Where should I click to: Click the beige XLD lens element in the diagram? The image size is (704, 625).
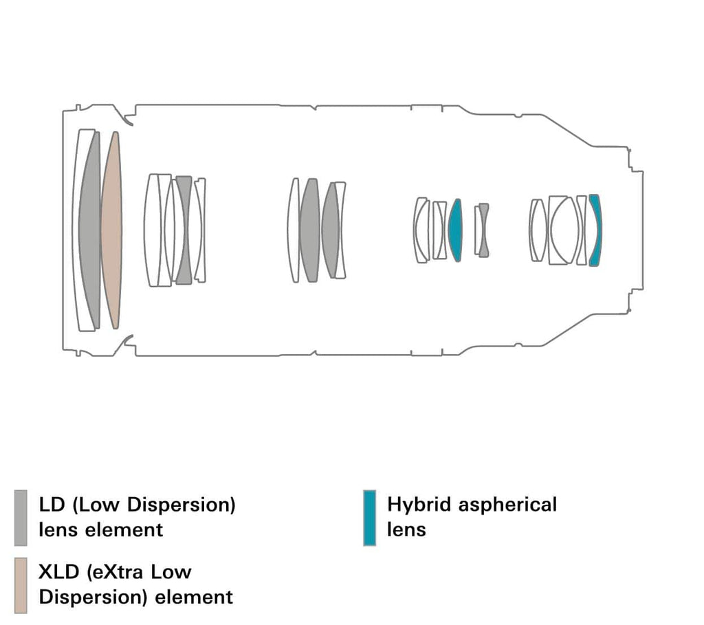point(111,230)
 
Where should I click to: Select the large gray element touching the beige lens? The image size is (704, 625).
point(90,230)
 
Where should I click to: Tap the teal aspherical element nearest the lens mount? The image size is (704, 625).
point(595,230)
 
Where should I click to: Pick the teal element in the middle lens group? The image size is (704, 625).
point(455,230)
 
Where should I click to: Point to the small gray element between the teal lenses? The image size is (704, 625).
point(484,230)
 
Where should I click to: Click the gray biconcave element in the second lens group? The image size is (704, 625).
point(184,230)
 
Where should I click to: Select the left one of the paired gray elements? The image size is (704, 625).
point(309,230)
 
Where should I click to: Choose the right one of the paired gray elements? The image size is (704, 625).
point(331,230)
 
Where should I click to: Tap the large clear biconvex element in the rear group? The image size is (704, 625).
point(564,230)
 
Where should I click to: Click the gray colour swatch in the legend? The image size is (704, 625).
point(21,517)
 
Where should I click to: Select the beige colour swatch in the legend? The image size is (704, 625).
point(21,584)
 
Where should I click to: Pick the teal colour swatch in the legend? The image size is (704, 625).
point(369,517)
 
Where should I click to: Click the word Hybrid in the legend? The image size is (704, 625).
point(413,505)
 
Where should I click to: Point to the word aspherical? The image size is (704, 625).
point(508,505)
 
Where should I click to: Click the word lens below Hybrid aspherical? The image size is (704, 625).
point(406,529)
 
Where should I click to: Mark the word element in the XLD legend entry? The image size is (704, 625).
point(194,596)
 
